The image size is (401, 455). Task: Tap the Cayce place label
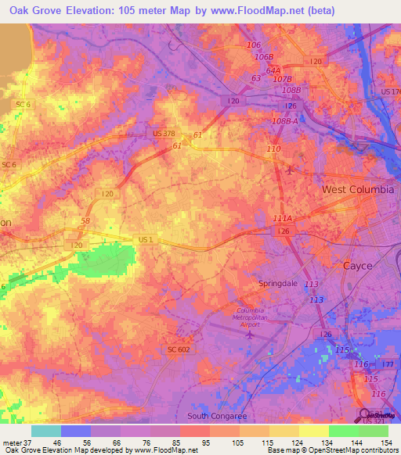(x=359, y=266)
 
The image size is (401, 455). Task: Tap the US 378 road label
(x=164, y=134)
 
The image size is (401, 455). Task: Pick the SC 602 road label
(x=178, y=349)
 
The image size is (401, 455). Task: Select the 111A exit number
(x=282, y=220)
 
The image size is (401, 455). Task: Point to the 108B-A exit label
(x=285, y=121)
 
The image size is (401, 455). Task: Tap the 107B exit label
(x=282, y=80)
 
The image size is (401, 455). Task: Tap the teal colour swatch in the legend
(x=45, y=431)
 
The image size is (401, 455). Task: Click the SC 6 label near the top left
(x=23, y=104)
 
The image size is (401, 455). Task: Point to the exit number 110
(x=273, y=149)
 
